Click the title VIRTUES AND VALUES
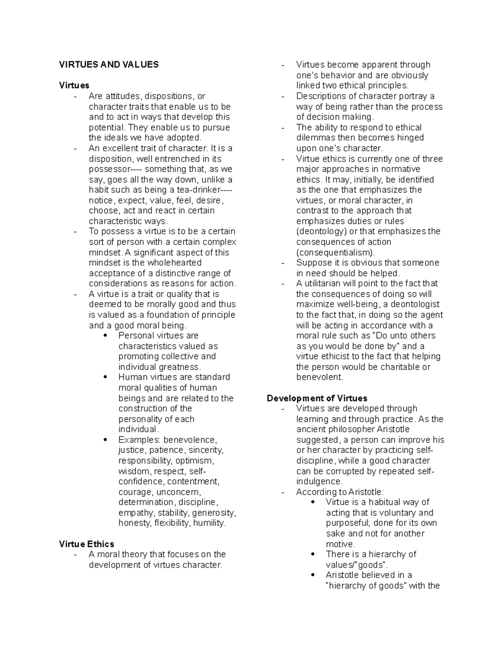[109, 65]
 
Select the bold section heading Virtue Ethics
[87, 544]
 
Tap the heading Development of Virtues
[317, 398]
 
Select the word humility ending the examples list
[209, 523]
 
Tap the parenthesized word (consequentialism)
[335, 252]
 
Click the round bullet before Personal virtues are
[105, 335]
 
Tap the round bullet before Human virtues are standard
[105, 377]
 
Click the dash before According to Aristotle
[283, 492]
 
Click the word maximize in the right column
[314, 304]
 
